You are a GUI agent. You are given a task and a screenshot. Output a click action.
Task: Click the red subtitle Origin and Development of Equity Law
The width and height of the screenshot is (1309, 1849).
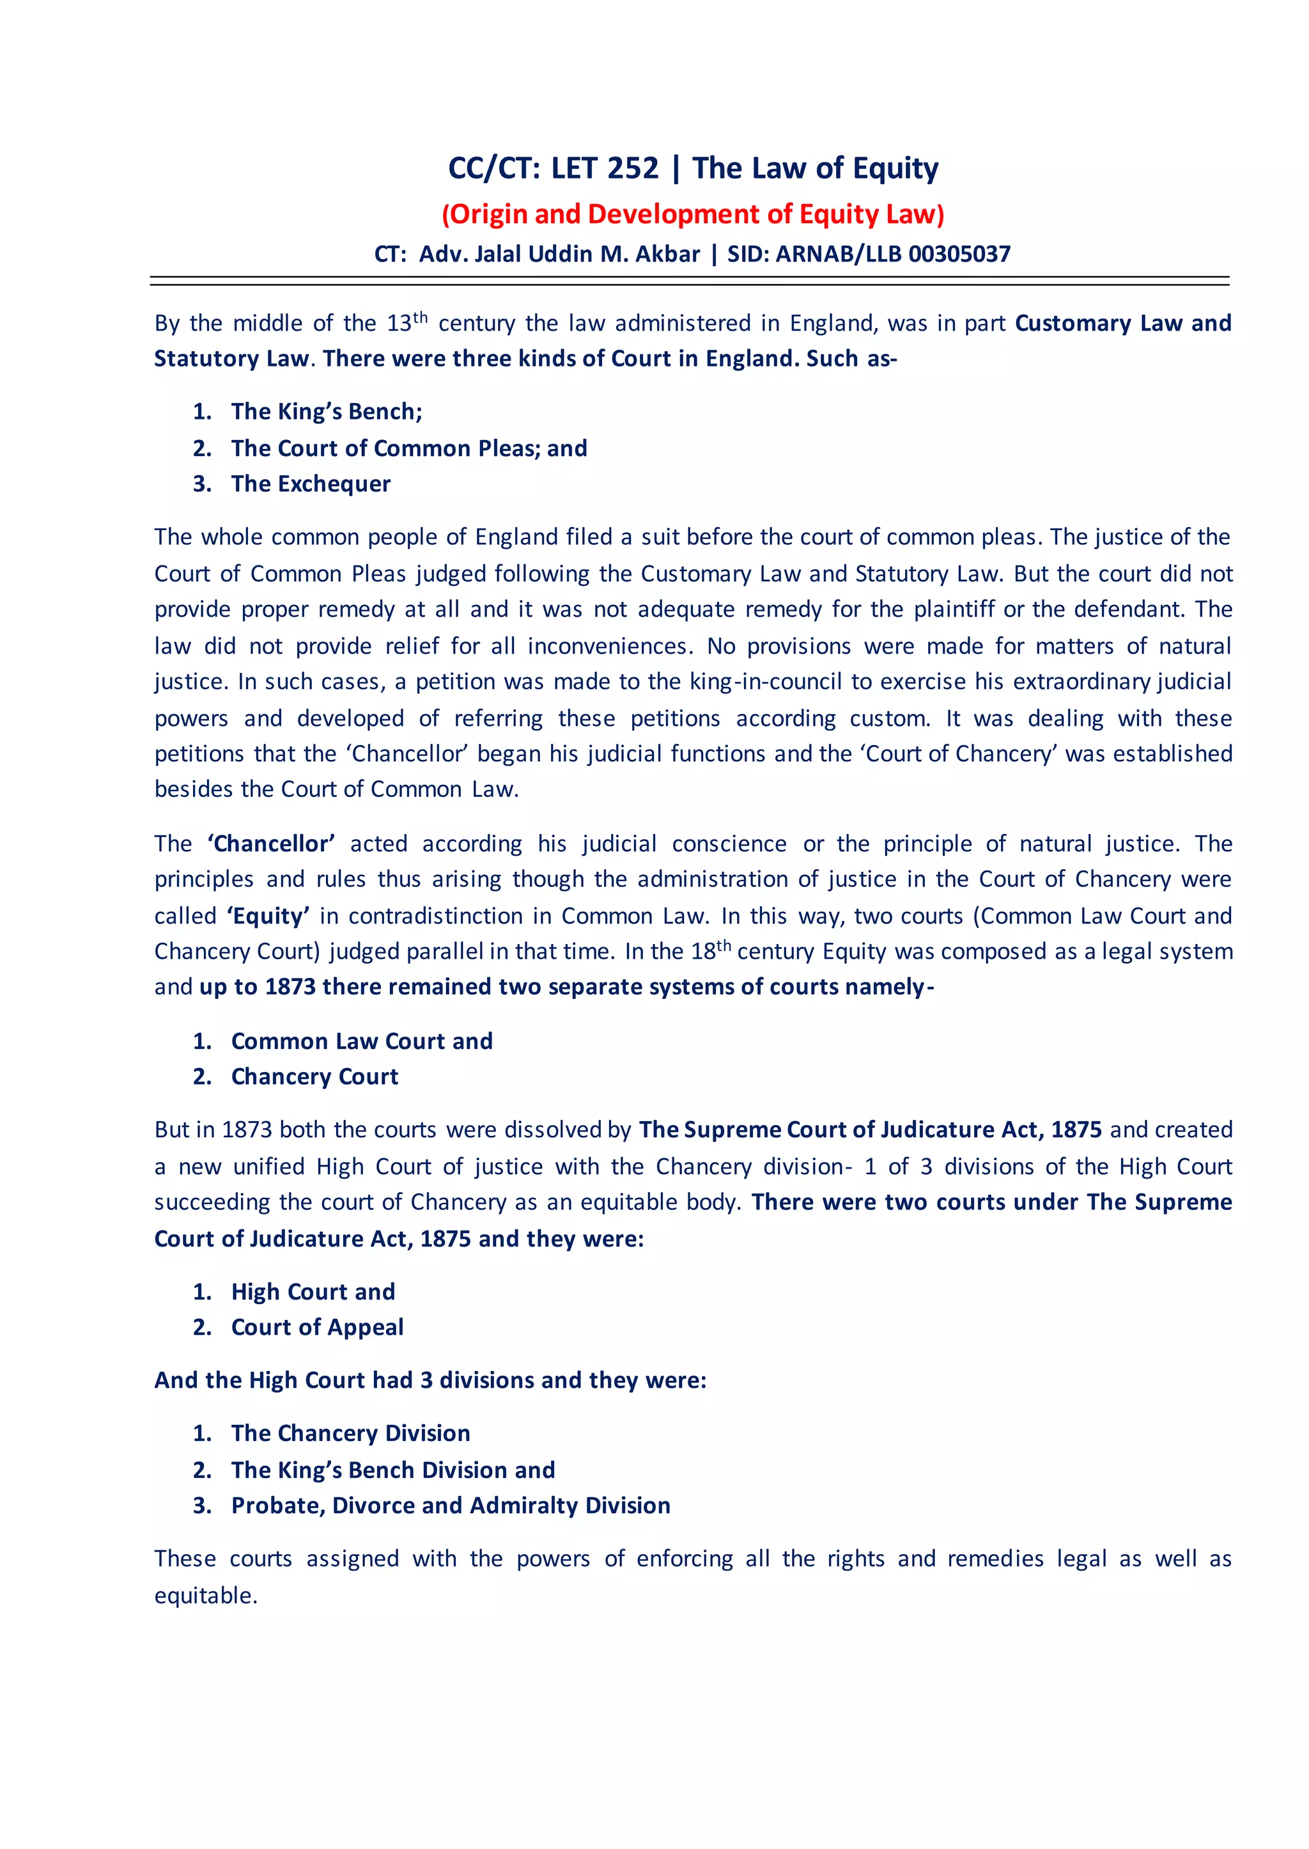[692, 214]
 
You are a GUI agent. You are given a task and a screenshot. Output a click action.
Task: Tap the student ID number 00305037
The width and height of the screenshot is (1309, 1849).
[959, 255]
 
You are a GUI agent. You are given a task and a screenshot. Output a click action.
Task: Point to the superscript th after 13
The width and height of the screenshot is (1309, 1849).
[421, 317]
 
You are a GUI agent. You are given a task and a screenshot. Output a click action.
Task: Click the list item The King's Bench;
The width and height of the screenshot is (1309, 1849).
[327, 412]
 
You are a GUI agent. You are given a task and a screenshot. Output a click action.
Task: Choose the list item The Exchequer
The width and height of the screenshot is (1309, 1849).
[311, 484]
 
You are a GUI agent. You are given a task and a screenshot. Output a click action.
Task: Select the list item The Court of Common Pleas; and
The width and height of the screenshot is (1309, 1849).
[408, 448]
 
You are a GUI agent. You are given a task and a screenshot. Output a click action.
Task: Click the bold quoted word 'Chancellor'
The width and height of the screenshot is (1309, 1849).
[272, 844]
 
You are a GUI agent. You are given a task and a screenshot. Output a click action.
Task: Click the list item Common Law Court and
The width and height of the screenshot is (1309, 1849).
[361, 1042]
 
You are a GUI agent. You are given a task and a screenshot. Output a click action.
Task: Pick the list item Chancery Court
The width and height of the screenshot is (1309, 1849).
[314, 1077]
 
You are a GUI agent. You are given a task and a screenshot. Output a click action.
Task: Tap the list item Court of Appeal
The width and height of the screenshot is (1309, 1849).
[317, 1327]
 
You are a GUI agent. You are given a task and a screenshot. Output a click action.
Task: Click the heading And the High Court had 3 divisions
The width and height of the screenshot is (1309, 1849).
[430, 1380]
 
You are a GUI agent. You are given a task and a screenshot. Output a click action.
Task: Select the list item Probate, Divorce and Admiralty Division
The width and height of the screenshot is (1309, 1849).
[451, 1506]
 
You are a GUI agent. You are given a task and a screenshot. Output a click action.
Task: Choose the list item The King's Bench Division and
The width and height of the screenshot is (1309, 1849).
[392, 1470]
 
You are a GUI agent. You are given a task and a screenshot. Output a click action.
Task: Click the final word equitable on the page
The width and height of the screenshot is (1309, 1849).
[204, 1596]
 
